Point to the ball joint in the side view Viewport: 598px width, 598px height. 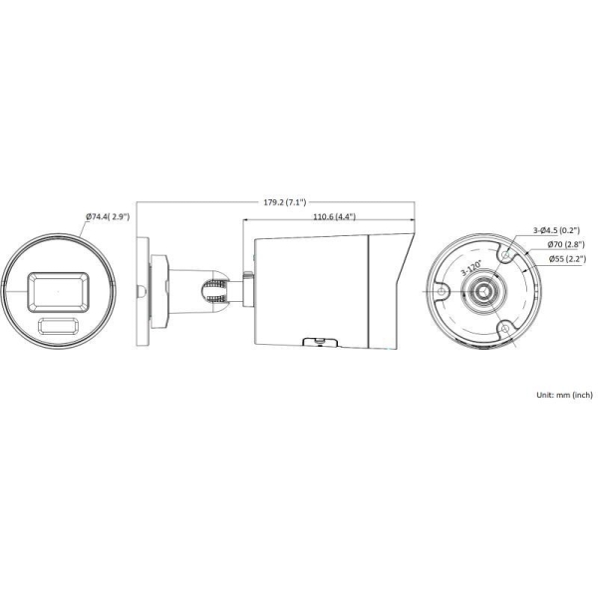pos(213,289)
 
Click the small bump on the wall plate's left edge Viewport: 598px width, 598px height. pos(139,291)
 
